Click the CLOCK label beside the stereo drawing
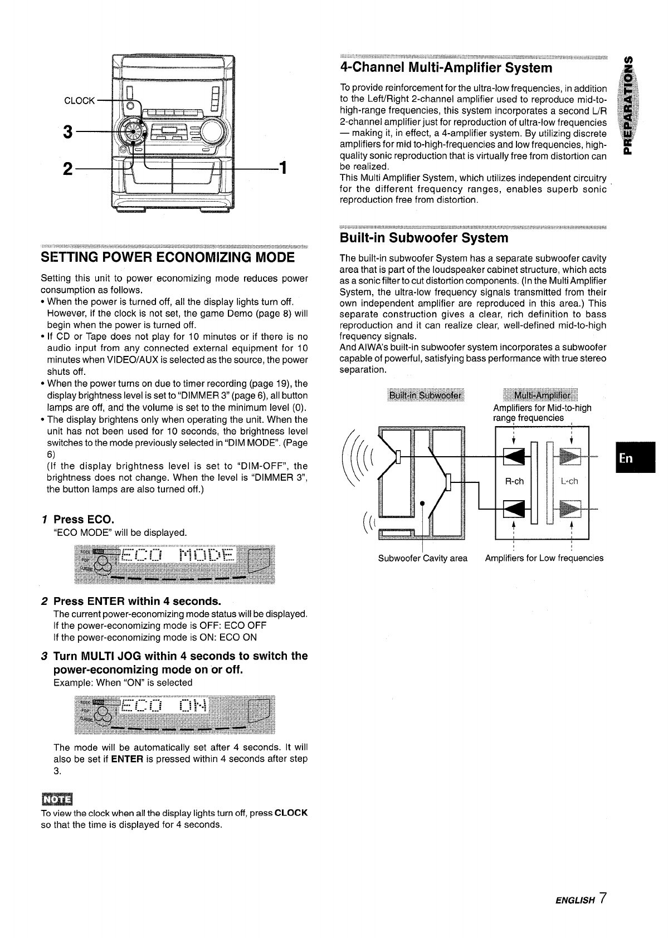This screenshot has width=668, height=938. [x=80, y=101]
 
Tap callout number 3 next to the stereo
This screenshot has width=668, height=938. [x=68, y=133]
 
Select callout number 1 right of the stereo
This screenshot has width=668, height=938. [x=282, y=167]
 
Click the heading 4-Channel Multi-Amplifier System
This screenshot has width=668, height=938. [x=446, y=68]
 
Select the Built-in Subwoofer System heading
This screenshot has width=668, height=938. [x=423, y=238]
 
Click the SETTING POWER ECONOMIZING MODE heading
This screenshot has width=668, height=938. [x=167, y=257]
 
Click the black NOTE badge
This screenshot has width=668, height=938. [x=53, y=799]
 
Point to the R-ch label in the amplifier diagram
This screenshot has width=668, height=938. [x=514, y=481]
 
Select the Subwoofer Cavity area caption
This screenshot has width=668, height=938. [x=422, y=558]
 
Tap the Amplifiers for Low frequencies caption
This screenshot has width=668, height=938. [x=544, y=558]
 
